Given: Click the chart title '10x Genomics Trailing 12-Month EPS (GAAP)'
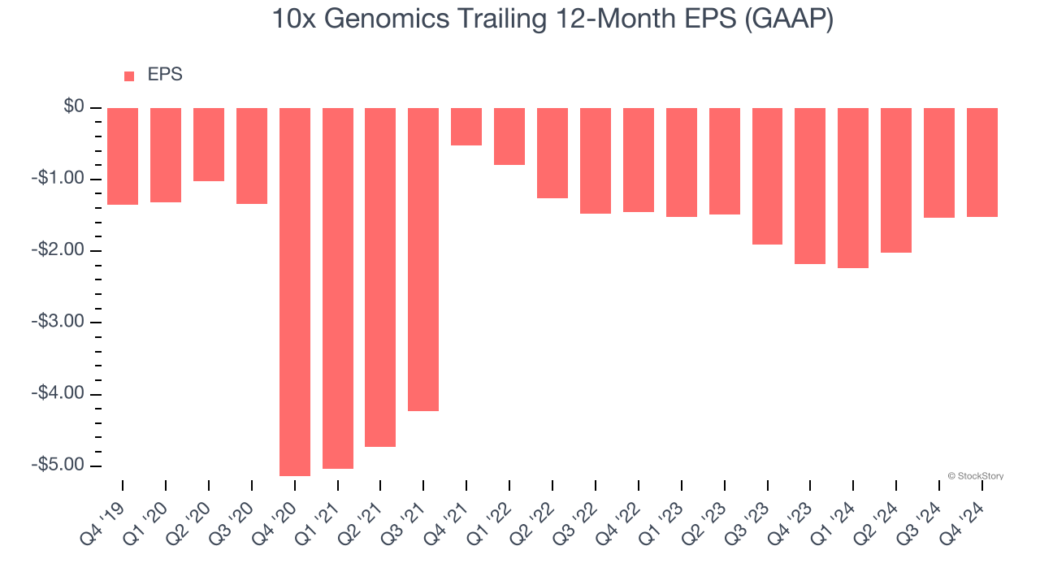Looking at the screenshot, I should (x=552, y=19).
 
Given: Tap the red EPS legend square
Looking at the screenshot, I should (x=129, y=76).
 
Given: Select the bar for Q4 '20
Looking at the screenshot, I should (x=295, y=292).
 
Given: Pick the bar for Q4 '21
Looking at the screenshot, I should (x=466, y=127).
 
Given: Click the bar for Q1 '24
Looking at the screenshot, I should (x=853, y=188).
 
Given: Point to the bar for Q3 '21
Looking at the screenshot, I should (x=423, y=259).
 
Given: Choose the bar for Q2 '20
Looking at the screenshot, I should (x=209, y=145).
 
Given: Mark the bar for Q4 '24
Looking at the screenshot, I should (x=981, y=162).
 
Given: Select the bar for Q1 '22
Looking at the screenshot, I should (x=509, y=136).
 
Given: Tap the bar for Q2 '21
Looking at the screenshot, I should (x=380, y=277).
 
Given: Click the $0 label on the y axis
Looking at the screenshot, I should (x=75, y=107).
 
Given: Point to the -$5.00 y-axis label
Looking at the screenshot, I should (x=59, y=466).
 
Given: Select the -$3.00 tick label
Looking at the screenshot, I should (x=59, y=323).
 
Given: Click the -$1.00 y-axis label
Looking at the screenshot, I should (x=59, y=180).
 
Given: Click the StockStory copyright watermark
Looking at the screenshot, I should (x=975, y=476).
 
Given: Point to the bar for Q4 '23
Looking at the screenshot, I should (x=810, y=186).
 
